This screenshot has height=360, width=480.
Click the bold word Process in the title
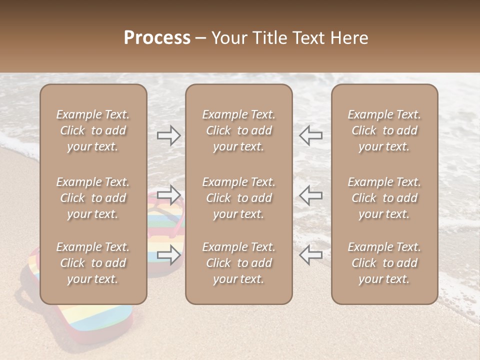click(x=157, y=37)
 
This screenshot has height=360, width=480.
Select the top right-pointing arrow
click(x=168, y=135)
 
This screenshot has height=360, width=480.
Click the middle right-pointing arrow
click(x=168, y=195)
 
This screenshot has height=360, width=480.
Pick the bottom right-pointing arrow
click(x=168, y=254)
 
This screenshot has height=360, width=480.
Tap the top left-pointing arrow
click(x=311, y=135)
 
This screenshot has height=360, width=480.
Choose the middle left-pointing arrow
click(x=311, y=195)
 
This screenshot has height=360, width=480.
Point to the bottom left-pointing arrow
click(x=311, y=254)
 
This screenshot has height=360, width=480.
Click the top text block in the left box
click(x=93, y=130)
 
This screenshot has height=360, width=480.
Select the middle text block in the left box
click(x=93, y=198)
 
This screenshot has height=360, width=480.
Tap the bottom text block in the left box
click(x=93, y=263)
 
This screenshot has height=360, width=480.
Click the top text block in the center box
click(x=238, y=130)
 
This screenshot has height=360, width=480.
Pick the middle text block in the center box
click(x=238, y=198)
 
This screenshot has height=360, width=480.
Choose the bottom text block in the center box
click(x=238, y=263)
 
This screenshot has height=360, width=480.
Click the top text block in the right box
click(x=384, y=130)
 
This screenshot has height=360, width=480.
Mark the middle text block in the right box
click(x=384, y=198)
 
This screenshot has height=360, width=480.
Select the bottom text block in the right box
click(x=384, y=263)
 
